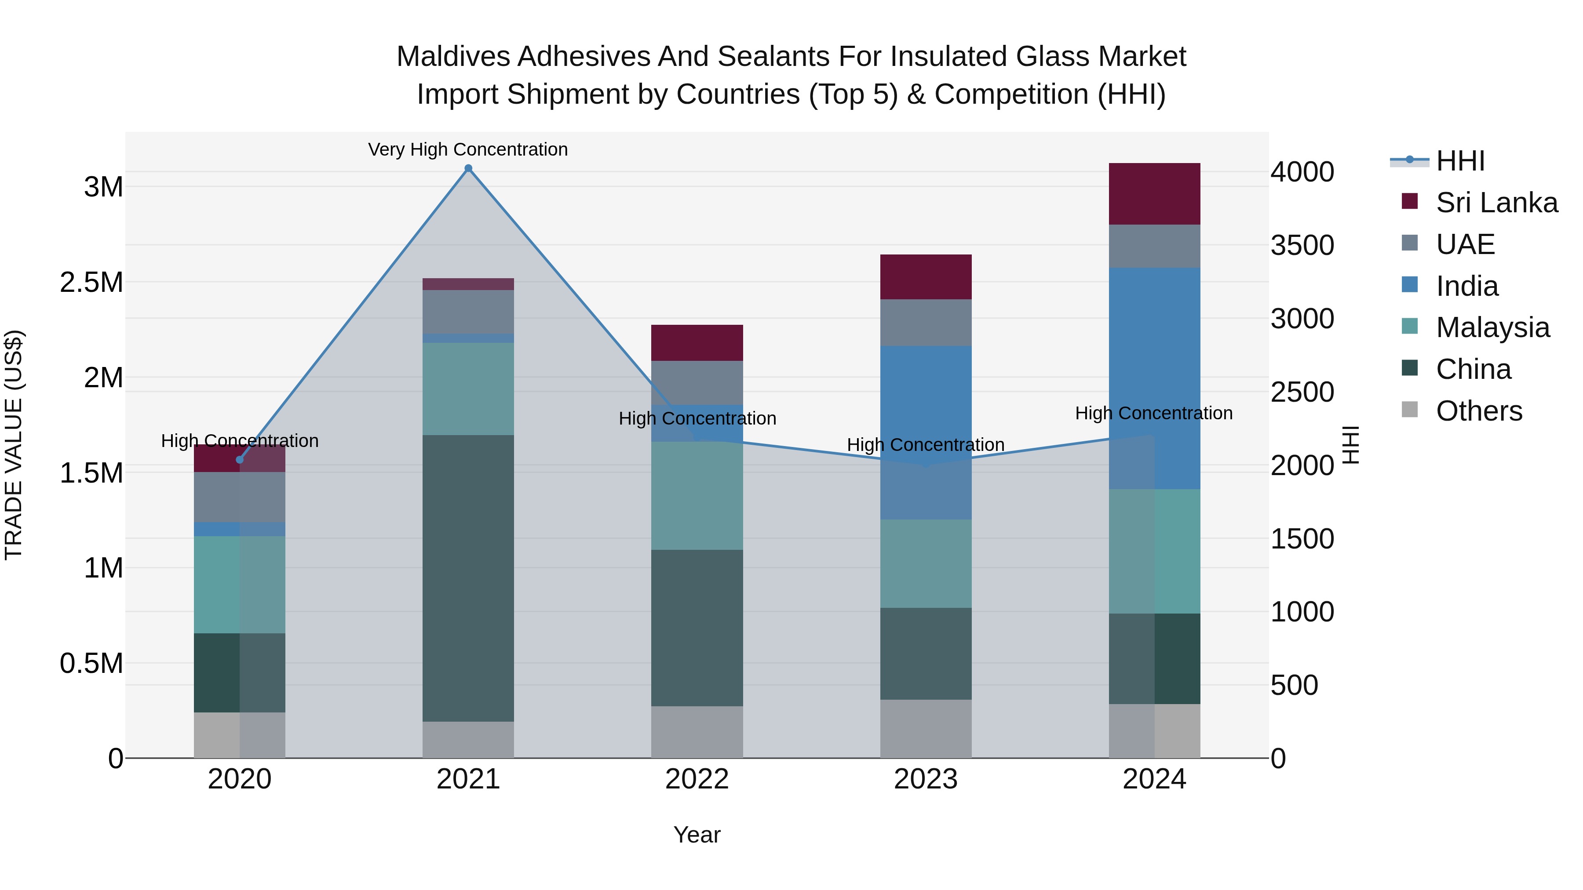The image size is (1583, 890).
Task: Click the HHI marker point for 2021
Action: click(x=468, y=168)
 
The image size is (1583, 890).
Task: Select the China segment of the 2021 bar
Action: click(x=468, y=578)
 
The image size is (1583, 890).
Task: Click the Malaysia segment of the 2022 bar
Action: click(x=697, y=495)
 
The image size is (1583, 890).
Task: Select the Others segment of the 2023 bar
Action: click(x=926, y=728)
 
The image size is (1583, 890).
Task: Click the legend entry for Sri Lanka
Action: click(x=1496, y=203)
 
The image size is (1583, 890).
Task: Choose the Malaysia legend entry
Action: click(x=1492, y=327)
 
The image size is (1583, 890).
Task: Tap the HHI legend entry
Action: click(x=1460, y=161)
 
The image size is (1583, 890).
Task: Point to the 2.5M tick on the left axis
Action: click(x=91, y=283)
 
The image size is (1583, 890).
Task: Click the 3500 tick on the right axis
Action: click(x=1302, y=245)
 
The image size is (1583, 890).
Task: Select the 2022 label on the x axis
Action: click(x=697, y=779)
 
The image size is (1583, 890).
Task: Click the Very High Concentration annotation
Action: click(x=468, y=149)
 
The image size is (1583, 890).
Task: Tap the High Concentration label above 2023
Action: click(x=926, y=445)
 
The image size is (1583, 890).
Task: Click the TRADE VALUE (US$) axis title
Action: click(x=14, y=445)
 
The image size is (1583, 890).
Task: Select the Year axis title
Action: click(x=697, y=835)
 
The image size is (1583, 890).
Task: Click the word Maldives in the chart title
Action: click(x=453, y=57)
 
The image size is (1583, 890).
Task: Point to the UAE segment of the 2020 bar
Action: click(x=240, y=497)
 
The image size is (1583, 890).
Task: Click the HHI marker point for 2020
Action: click(x=240, y=459)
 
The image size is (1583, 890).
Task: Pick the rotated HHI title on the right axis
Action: click(x=1351, y=445)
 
